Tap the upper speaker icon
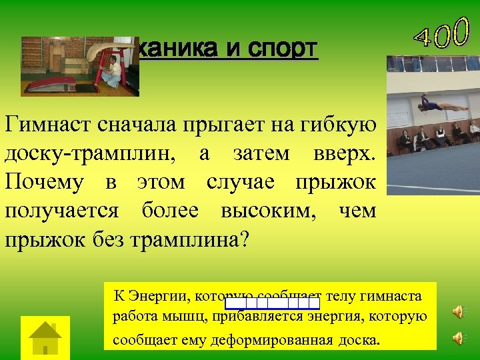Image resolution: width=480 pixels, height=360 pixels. pos(459,312)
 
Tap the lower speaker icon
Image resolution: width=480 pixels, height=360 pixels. pos(459,338)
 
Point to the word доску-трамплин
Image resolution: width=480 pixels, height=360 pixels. pos(94,153)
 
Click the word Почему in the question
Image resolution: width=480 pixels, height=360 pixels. pos(43,182)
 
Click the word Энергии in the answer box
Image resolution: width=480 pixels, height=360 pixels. pos(151,295)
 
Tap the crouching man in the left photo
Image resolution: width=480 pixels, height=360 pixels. pos(112,71)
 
